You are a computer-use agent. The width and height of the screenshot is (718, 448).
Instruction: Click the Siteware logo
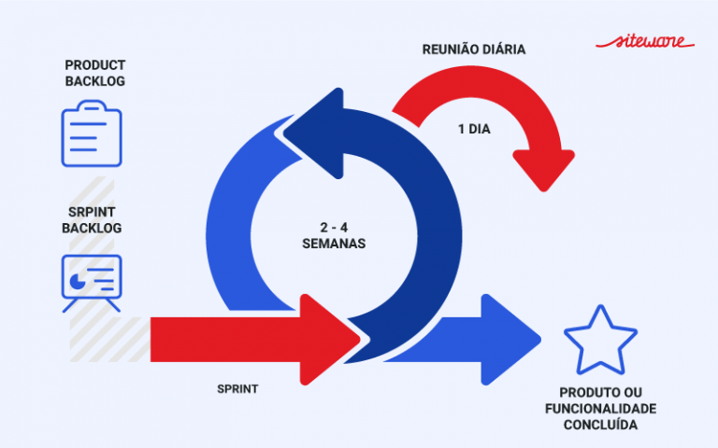click(644, 42)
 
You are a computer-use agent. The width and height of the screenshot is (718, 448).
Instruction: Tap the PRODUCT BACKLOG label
click(94, 73)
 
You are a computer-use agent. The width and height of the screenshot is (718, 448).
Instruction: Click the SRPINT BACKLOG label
click(92, 219)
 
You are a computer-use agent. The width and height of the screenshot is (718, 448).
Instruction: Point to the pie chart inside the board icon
click(76, 277)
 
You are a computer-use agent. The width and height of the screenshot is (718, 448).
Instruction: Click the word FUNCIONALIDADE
click(600, 409)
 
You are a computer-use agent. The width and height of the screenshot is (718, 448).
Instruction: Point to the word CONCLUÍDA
click(600, 425)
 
